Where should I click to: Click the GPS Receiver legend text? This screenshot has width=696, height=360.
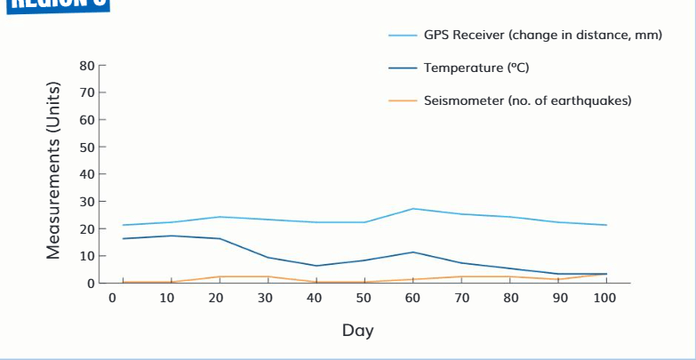click(543, 36)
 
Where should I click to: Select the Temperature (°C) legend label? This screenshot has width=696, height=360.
click(476, 68)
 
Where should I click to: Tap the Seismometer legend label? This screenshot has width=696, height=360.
click(527, 100)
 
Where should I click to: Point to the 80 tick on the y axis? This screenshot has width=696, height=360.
click(87, 65)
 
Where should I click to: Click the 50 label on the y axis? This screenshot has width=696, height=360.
click(87, 147)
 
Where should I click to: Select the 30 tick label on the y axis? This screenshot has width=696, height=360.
click(87, 202)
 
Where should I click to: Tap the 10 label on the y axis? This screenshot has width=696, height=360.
click(87, 256)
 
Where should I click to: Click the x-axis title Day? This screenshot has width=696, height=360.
click(357, 331)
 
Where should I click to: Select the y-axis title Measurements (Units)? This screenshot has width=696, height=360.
click(54, 174)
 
